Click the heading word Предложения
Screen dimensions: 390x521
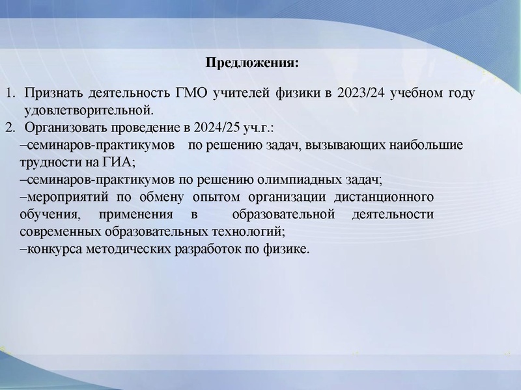click(251, 63)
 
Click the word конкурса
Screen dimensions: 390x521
click(49, 249)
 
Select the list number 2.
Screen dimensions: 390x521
click(10, 126)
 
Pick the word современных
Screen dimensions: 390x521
click(60, 231)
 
